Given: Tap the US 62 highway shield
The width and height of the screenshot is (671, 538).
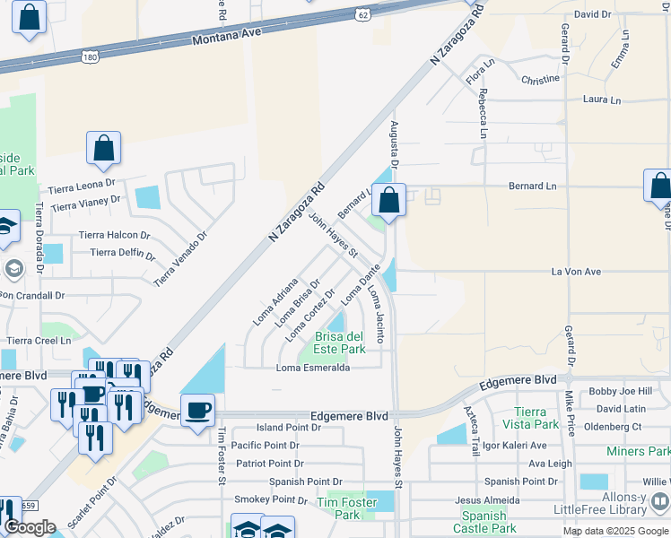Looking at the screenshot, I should coord(362,14).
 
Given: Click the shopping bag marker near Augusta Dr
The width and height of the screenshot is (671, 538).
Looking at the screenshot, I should coord(388,200).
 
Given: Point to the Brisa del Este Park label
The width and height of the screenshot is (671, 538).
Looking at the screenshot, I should coord(339,343).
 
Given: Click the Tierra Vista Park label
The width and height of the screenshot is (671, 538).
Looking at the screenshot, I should coord(536,417).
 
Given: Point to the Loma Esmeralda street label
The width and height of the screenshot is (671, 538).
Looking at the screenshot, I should coord(312,368).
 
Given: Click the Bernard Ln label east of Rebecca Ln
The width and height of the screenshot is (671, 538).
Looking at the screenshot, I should coord(532,187).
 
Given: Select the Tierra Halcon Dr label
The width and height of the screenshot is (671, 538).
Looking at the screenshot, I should coord(115,235).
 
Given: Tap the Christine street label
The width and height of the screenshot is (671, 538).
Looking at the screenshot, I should coord(540,80).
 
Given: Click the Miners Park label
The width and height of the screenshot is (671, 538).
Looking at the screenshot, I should coord(638,451).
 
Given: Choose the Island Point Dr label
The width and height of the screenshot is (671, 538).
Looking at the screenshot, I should coord(288,429).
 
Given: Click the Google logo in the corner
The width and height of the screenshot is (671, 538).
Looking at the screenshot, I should coord(30,527).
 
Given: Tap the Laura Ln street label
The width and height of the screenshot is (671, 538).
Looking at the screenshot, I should coord(601,100).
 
